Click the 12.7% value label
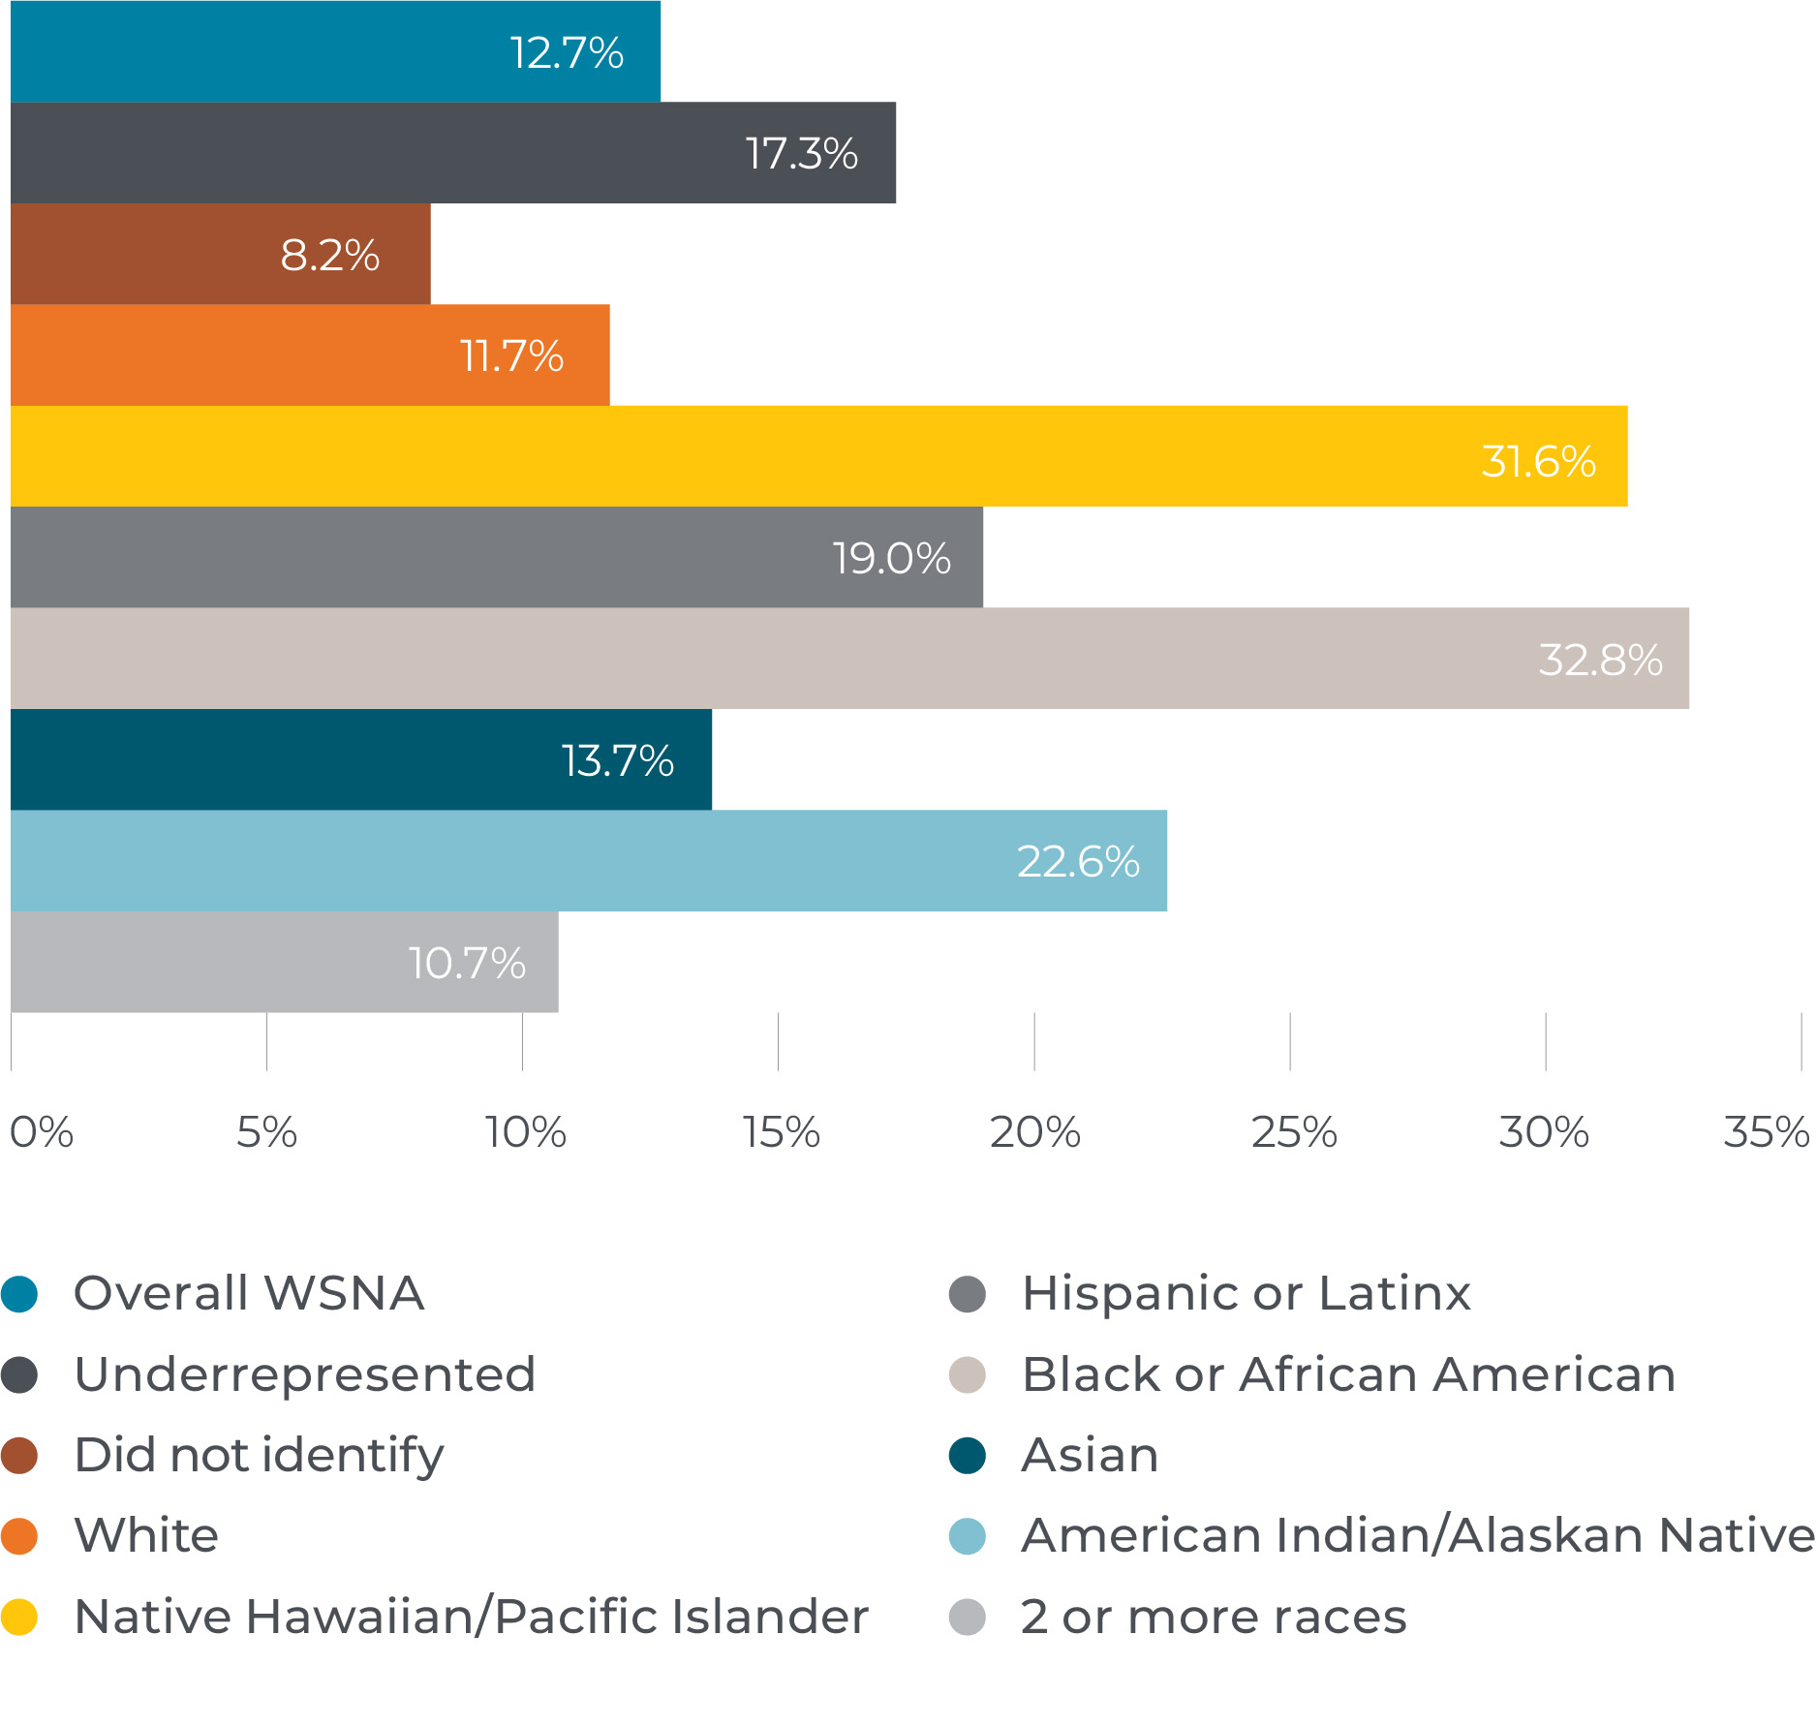[x=567, y=52]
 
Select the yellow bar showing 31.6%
[x=818, y=456]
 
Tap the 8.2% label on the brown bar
[x=329, y=256]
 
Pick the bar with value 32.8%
[x=849, y=659]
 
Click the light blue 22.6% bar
[x=588, y=861]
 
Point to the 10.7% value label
[x=467, y=963]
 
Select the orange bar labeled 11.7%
[x=310, y=355]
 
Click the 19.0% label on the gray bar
[x=891, y=558]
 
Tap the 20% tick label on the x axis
[x=1034, y=1132]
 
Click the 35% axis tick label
[x=1767, y=1132]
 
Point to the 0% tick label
[x=42, y=1132]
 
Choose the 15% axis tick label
[x=781, y=1132]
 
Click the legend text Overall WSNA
[x=249, y=1293]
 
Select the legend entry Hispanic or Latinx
[x=1246, y=1293]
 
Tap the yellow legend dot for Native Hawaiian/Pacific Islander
[x=19, y=1617]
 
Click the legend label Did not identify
[x=259, y=1455]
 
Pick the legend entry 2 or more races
[x=1213, y=1617]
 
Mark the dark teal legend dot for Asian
[x=968, y=1455]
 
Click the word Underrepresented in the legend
[x=304, y=1374]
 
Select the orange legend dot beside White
[x=19, y=1535]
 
